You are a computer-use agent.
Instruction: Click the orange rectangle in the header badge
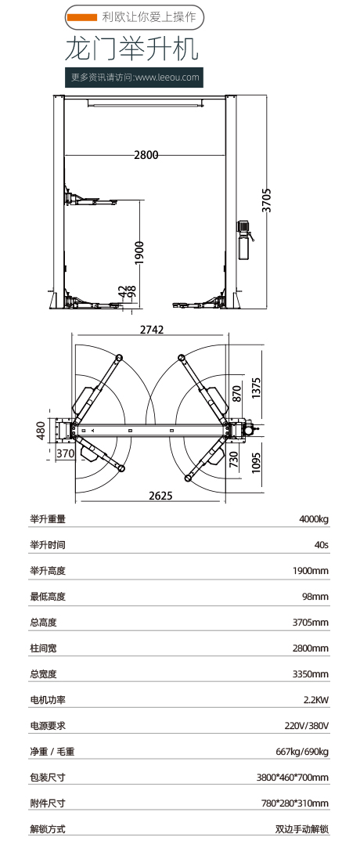[x=82, y=18]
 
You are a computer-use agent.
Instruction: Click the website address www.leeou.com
[x=167, y=78]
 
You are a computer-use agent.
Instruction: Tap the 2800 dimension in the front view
[x=146, y=155]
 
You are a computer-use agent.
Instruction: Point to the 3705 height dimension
[x=266, y=200]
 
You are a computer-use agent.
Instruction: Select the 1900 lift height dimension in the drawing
[x=139, y=252]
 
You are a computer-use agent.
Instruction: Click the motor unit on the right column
[x=246, y=239]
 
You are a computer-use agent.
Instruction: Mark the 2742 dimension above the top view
[x=152, y=330]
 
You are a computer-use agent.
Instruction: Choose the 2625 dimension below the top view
[x=160, y=496]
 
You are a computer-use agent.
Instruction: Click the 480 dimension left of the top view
[x=41, y=430]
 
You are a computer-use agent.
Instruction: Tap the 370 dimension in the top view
[x=65, y=453]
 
